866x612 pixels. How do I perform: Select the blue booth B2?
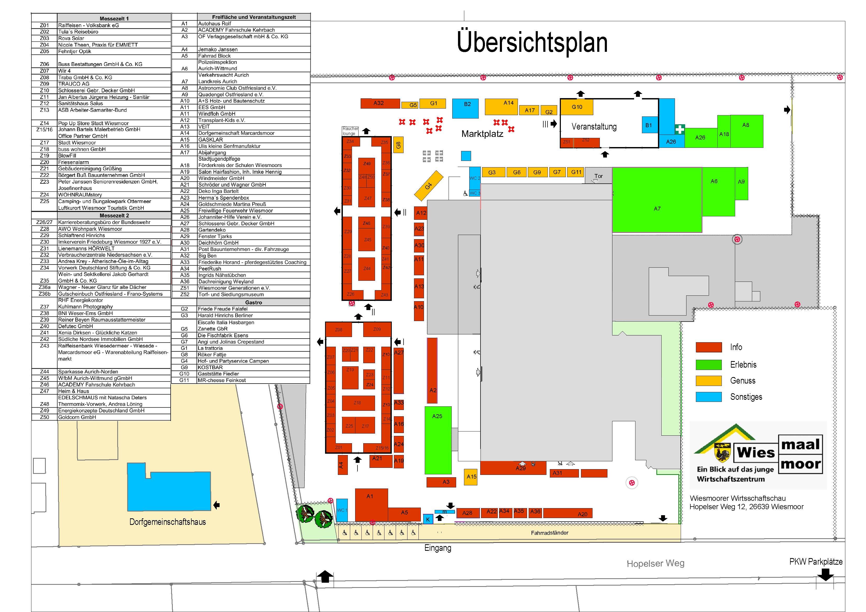[x=465, y=108]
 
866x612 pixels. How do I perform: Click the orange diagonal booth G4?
[x=428, y=186]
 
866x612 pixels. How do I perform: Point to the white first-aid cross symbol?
[x=679, y=129]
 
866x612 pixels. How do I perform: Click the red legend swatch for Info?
[x=708, y=347]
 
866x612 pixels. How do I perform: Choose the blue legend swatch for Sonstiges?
[x=708, y=397]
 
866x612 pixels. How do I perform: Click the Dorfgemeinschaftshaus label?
[x=167, y=522]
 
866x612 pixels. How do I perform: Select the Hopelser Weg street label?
[x=655, y=563]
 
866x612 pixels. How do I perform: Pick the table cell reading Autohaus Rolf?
[x=215, y=23]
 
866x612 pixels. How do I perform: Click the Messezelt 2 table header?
[x=114, y=216]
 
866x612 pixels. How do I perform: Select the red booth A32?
[x=380, y=103]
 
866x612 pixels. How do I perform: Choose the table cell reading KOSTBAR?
[x=210, y=367]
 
